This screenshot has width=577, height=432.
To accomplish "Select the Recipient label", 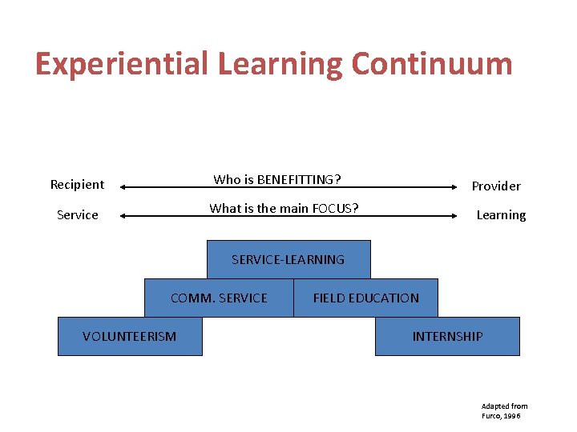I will coord(77,185).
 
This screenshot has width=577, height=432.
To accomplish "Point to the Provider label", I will coord(495,186).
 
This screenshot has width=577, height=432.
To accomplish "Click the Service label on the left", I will coord(78,215).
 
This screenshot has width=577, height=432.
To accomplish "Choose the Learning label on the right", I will coord(501,215).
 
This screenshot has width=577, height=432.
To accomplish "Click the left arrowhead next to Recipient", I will coord(124,187).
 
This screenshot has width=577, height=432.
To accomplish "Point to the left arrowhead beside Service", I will coord(124,216).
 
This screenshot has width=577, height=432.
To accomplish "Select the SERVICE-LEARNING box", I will coord(288,259).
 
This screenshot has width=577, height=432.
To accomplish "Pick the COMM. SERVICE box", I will coord(219,298).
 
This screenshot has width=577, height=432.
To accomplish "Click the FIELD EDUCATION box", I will coord(366,298).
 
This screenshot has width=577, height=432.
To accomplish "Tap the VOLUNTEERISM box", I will coord(130,336).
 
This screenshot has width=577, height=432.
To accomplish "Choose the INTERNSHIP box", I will coord(447,336).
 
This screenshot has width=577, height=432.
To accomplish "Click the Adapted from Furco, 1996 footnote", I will coord(504,411).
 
